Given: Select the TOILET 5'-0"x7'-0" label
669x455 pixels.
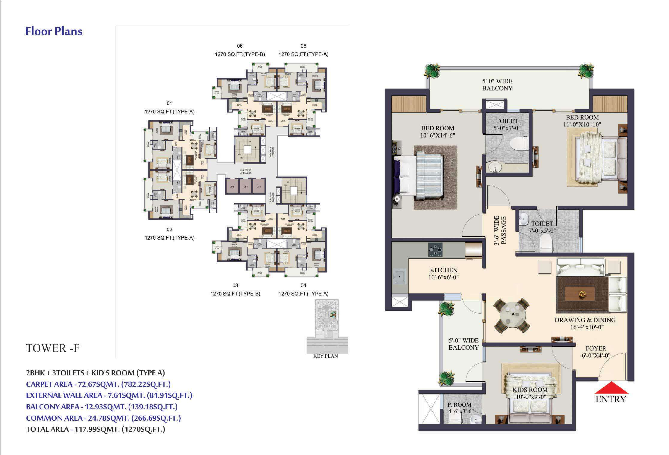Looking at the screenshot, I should [x=507, y=124].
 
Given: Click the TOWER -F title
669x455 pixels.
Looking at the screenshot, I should [x=53, y=348].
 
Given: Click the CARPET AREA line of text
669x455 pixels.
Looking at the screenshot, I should [x=98, y=384].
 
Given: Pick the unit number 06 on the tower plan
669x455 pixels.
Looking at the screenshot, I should [x=239, y=46].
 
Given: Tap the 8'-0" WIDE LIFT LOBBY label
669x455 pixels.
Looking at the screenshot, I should [x=245, y=172].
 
